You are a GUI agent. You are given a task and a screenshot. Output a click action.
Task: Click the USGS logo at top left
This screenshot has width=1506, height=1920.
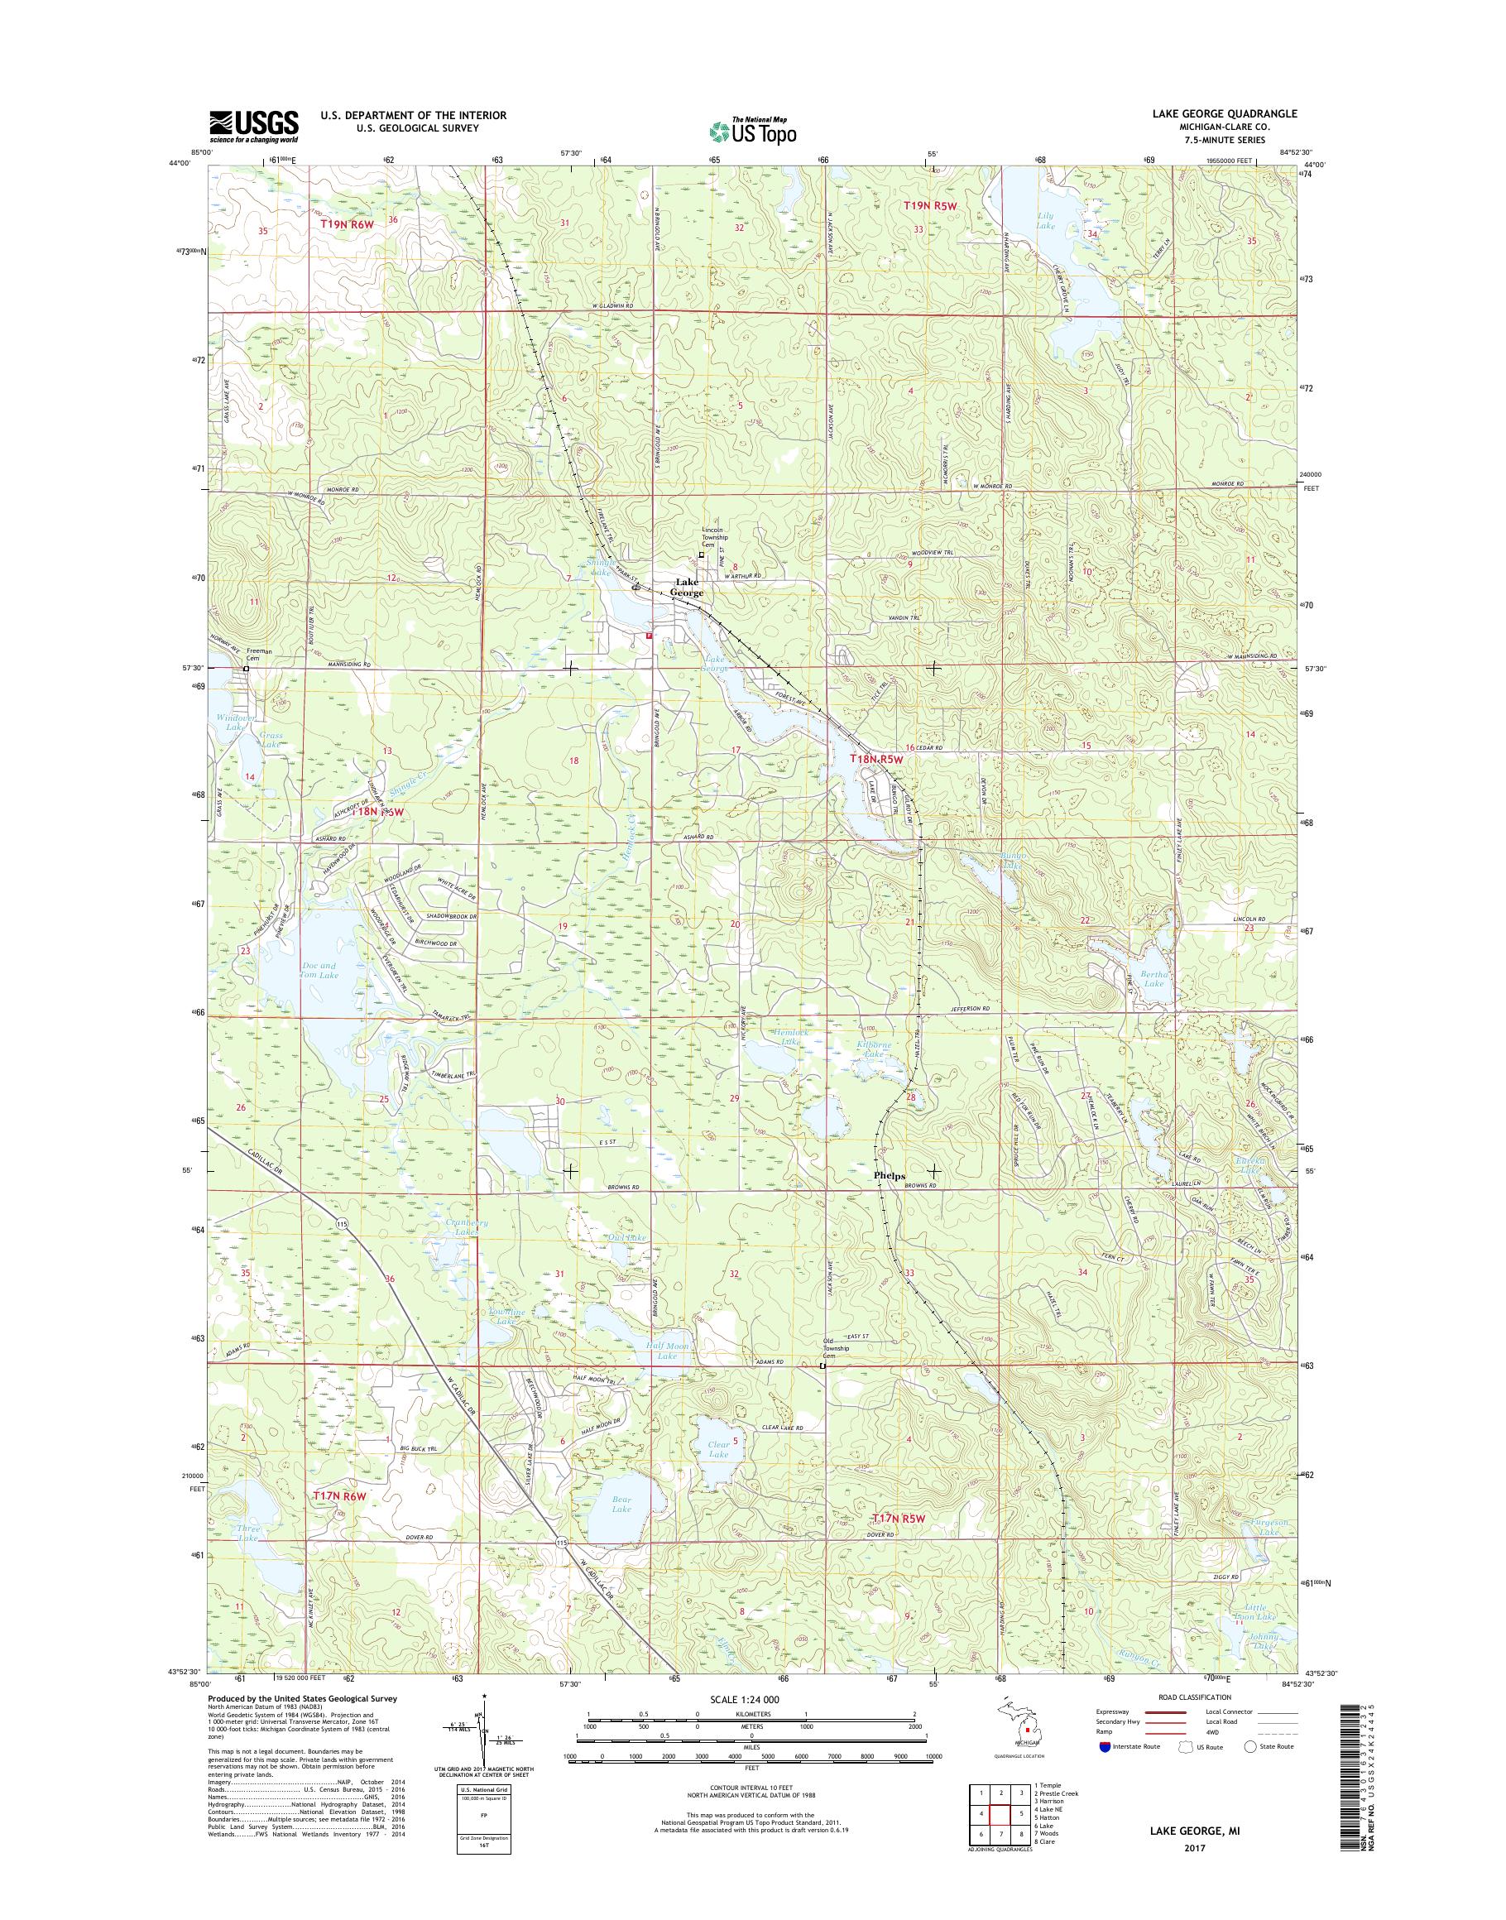[254, 126]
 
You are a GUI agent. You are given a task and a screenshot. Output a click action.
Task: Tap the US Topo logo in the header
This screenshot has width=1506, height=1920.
[752, 131]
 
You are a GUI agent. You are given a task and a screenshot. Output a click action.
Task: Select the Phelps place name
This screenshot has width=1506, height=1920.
[889, 1176]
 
